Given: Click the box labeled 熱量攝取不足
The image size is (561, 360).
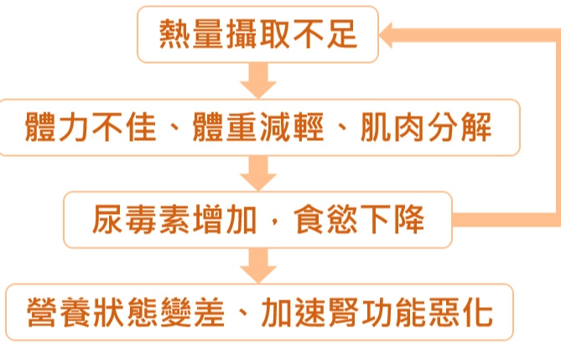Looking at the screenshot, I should (x=257, y=34).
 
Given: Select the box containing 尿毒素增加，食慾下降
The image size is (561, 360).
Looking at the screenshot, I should (x=257, y=221).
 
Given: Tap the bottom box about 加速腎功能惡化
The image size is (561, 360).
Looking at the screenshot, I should (x=257, y=313).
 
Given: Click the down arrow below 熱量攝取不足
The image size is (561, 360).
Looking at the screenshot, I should (x=257, y=81).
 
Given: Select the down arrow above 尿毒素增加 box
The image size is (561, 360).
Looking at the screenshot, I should (x=257, y=174).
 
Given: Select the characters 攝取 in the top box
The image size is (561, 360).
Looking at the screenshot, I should (x=257, y=34).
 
